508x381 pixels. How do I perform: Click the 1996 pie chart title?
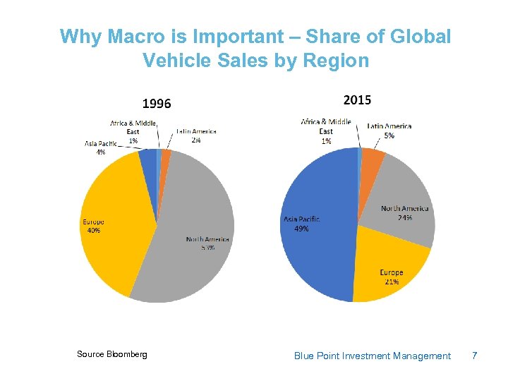click(x=157, y=104)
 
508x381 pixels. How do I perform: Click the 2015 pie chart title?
click(x=357, y=100)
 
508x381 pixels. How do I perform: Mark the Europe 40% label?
click(x=94, y=226)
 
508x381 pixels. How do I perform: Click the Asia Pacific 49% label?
click(x=301, y=224)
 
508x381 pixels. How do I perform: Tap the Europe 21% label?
click(x=392, y=277)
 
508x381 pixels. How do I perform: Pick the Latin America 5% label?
click(x=389, y=131)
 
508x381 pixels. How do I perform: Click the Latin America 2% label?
click(x=195, y=135)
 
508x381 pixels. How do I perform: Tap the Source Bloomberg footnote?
click(x=112, y=354)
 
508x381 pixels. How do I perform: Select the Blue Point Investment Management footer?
click(x=372, y=356)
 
